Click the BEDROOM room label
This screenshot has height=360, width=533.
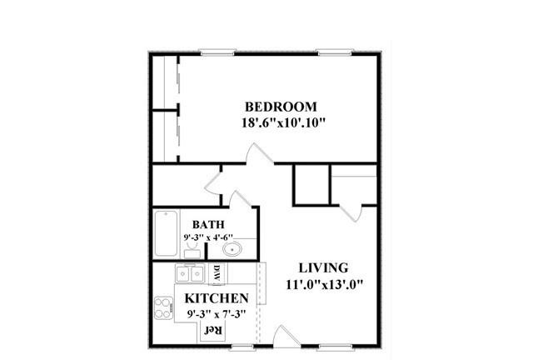(281, 107)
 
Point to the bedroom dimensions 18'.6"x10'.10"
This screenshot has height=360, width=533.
(283, 122)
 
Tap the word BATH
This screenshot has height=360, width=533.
(208, 224)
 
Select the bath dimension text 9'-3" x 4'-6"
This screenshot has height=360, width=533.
(208, 237)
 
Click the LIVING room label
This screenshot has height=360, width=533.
(324, 267)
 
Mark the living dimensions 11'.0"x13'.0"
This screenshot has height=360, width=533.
(325, 284)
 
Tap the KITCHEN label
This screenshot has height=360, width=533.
(217, 298)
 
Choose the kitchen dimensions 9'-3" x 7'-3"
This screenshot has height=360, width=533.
(217, 313)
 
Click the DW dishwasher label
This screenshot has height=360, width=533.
(217, 272)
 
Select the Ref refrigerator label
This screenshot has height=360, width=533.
(213, 330)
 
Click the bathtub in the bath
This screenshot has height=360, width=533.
(166, 233)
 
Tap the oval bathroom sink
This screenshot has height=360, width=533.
(232, 249)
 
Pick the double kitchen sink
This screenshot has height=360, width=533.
(190, 273)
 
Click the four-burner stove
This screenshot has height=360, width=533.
(163, 308)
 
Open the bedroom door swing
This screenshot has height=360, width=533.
(260, 154)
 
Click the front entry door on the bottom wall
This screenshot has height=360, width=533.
(286, 337)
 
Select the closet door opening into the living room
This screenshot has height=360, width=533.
(351, 213)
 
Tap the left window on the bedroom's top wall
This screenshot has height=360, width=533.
(217, 52)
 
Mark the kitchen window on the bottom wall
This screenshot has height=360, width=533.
(242, 347)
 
